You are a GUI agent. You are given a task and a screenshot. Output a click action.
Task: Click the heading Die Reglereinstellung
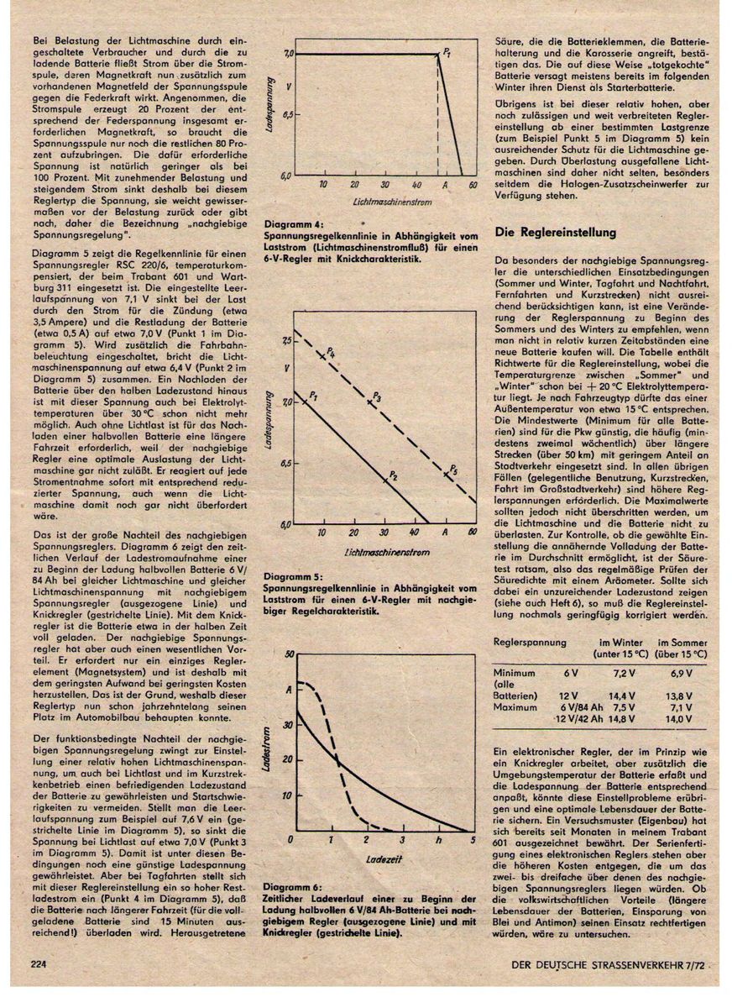tap(556, 232)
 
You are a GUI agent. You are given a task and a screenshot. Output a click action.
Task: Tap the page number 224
tap(38, 963)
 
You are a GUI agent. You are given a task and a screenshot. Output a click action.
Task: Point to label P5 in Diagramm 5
tap(453, 468)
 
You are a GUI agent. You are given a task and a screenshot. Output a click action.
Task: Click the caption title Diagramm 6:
tap(291, 887)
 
